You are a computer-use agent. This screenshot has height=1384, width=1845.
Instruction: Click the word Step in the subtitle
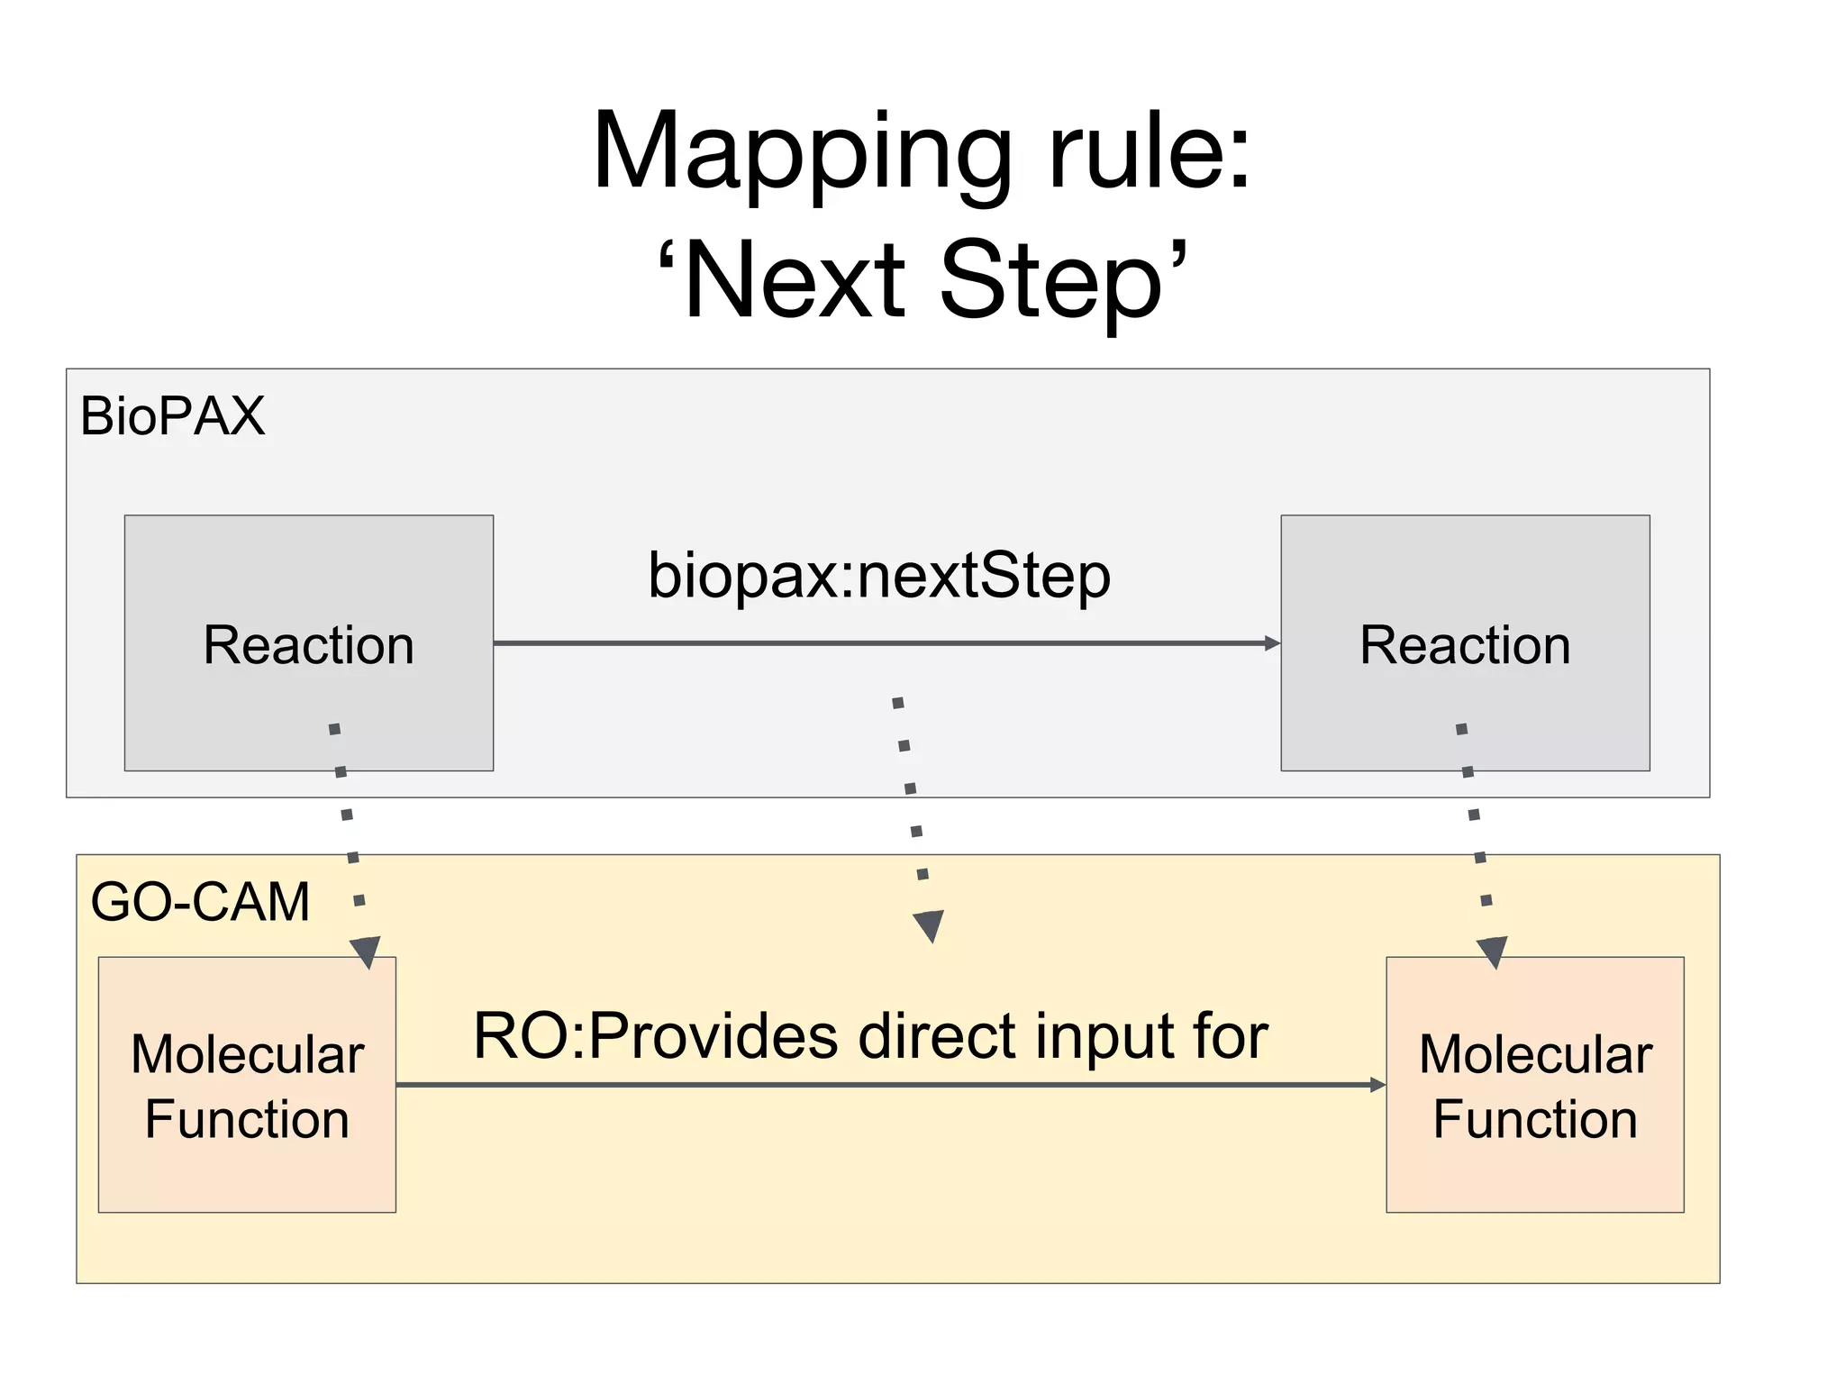click(1050, 281)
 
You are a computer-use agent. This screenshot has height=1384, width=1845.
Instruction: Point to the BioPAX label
click(172, 416)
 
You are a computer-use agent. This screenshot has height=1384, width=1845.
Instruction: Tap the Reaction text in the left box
click(308, 645)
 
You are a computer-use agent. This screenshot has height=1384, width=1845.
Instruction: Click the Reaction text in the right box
click(1465, 645)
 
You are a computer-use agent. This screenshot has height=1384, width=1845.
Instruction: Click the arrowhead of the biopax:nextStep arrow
click(1272, 643)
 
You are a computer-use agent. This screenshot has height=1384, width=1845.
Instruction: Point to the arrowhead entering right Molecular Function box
click(1377, 1085)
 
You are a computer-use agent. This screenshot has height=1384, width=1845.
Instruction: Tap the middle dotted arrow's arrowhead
click(928, 925)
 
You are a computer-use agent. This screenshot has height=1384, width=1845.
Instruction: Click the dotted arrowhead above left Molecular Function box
click(366, 951)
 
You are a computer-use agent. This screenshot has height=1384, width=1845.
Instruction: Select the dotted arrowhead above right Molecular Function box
click(1492, 951)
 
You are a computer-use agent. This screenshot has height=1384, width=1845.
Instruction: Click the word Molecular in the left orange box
click(247, 1054)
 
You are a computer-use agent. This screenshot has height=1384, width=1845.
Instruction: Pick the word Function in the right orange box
click(1534, 1120)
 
